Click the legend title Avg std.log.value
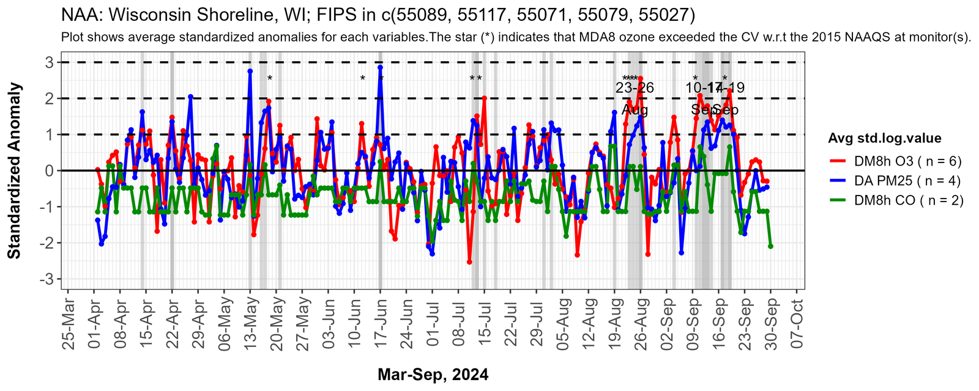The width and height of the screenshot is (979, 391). pos(884,138)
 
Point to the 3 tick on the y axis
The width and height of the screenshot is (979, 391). pos(48,62)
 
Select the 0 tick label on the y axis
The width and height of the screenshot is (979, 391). pos(48,171)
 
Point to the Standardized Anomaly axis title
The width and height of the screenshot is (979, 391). pos(15,171)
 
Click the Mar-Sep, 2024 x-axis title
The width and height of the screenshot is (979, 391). pos(433,375)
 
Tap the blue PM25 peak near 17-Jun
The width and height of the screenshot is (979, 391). pos(380,67)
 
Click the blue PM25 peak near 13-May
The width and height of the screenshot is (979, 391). pos(250,71)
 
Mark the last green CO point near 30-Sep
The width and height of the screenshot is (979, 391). pos(770,246)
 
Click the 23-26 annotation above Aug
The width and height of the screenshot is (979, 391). pos(635,88)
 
